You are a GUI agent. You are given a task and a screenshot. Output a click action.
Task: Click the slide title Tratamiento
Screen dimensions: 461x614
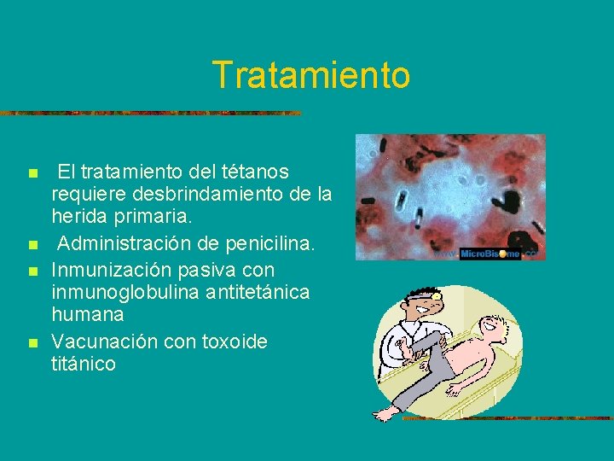(x=311, y=74)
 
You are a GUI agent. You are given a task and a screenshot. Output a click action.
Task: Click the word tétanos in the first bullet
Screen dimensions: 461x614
(x=255, y=172)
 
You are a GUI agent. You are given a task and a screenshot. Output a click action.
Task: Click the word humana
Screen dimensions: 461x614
(x=88, y=314)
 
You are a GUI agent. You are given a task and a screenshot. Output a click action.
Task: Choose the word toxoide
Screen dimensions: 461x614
(x=235, y=341)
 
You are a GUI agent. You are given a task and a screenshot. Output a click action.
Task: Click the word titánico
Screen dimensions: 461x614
(x=84, y=364)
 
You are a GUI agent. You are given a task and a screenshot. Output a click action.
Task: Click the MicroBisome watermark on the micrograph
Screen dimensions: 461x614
(x=490, y=254)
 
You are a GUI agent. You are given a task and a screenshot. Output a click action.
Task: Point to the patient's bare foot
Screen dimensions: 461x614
(x=387, y=413)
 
